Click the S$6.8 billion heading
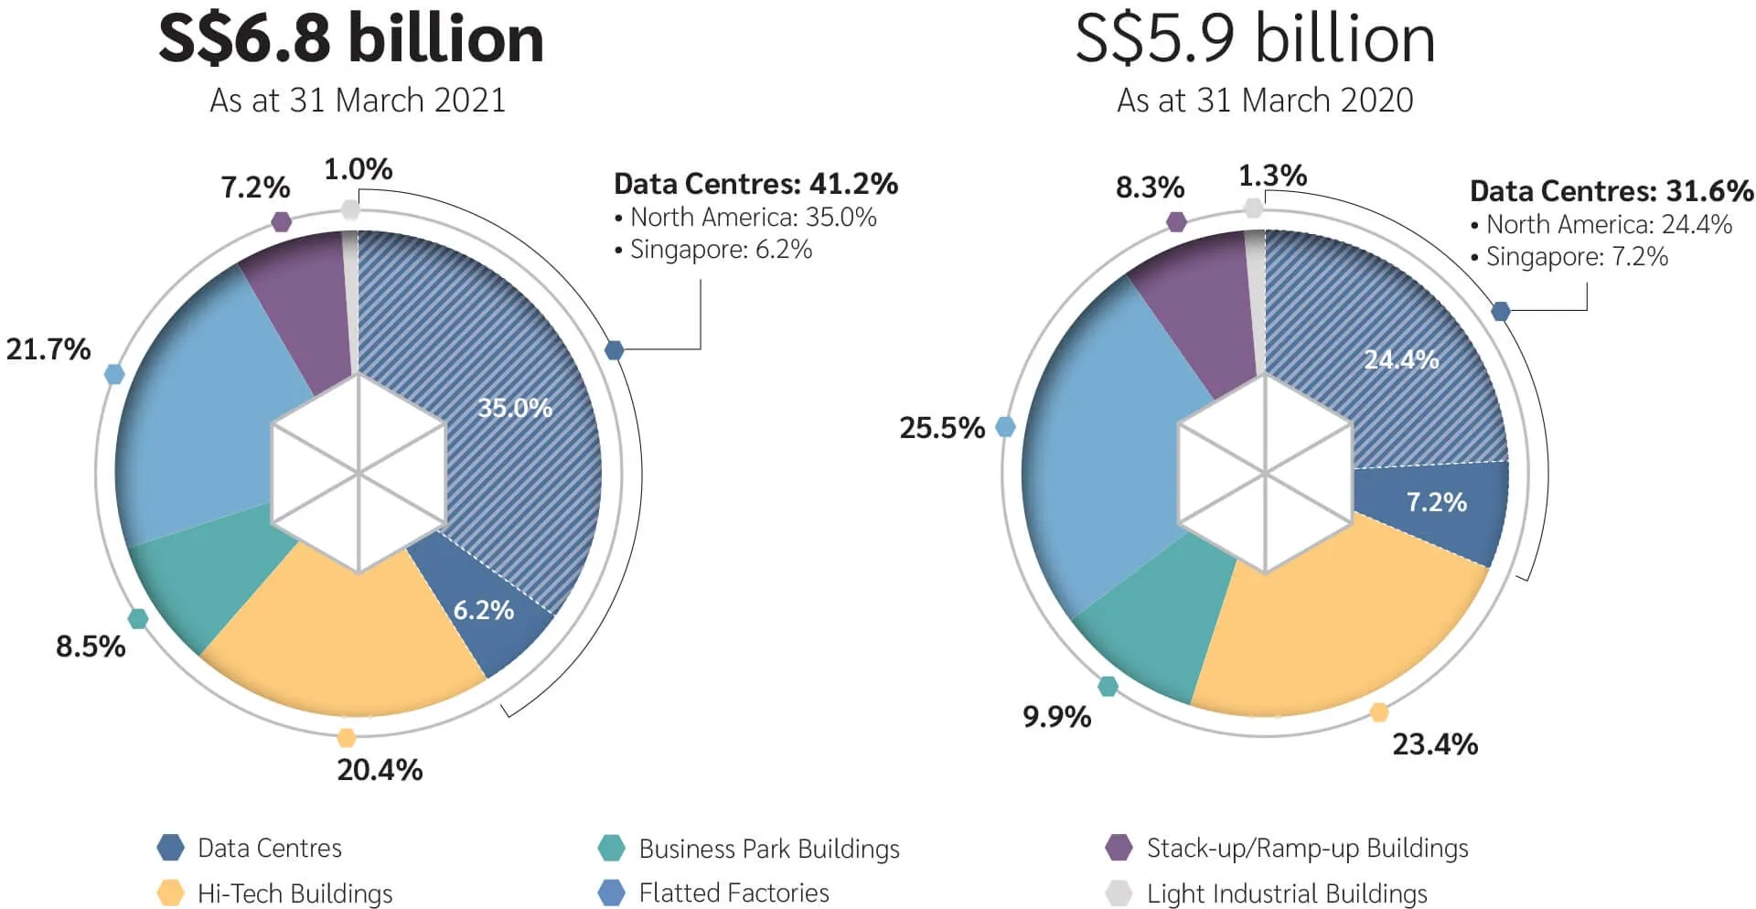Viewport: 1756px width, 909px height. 351,38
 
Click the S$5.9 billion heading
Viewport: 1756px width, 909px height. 1255,38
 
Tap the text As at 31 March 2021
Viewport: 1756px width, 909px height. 358,100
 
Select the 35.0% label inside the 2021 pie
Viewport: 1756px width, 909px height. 515,408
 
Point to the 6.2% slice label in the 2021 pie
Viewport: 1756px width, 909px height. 484,610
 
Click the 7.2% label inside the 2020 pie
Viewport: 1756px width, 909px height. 1436,502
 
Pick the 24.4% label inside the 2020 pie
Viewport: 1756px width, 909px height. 1401,359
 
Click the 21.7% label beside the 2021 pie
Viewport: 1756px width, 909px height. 48,349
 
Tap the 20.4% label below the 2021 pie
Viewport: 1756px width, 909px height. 380,770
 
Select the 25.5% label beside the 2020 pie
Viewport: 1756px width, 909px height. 942,428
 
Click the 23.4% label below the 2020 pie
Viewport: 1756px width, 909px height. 1435,744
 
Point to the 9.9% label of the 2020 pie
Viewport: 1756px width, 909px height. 1056,717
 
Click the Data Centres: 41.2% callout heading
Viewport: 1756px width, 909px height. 755,184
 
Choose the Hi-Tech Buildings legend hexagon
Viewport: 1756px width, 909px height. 171,893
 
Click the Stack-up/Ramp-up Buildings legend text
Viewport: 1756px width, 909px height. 1307,849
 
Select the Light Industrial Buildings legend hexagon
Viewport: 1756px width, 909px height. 1119,893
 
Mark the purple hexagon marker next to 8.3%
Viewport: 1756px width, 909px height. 1177,221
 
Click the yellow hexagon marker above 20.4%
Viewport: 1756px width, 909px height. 346,738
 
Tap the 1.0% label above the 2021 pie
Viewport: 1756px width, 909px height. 358,169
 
